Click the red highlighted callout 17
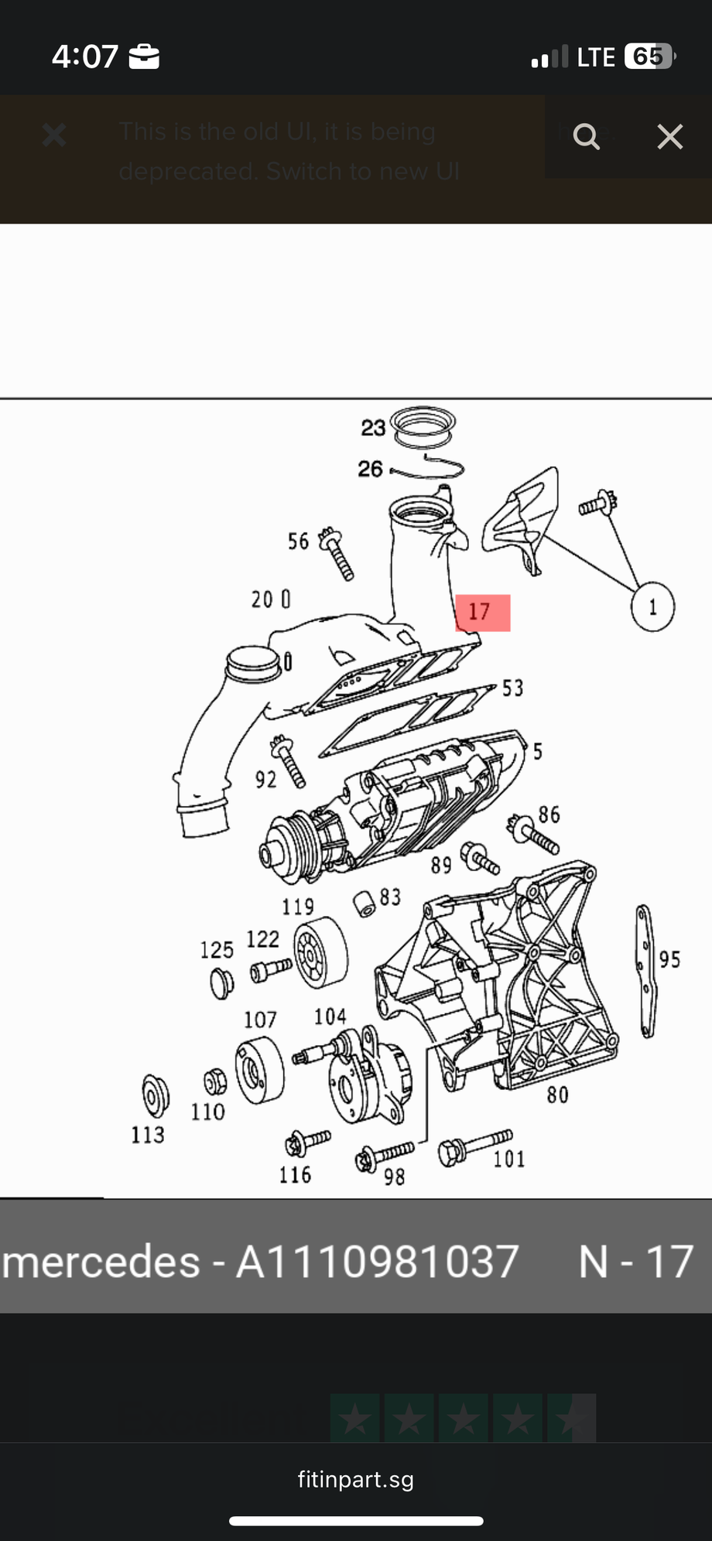coord(482,613)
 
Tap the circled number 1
coord(652,607)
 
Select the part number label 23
coord(373,428)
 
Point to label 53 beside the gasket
coord(512,688)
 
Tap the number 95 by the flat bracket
coord(669,959)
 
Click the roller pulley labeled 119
coord(320,953)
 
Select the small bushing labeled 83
coord(365,903)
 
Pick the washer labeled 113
coord(156,1095)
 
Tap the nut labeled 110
coord(215,1081)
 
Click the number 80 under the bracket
coord(557,1095)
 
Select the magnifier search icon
coord(586,137)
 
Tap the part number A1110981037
coord(377,1262)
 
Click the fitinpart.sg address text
coord(355,1480)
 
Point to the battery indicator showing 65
coord(649,56)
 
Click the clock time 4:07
coord(85,56)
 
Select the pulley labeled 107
coord(259,1071)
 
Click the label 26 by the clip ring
coord(370,469)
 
